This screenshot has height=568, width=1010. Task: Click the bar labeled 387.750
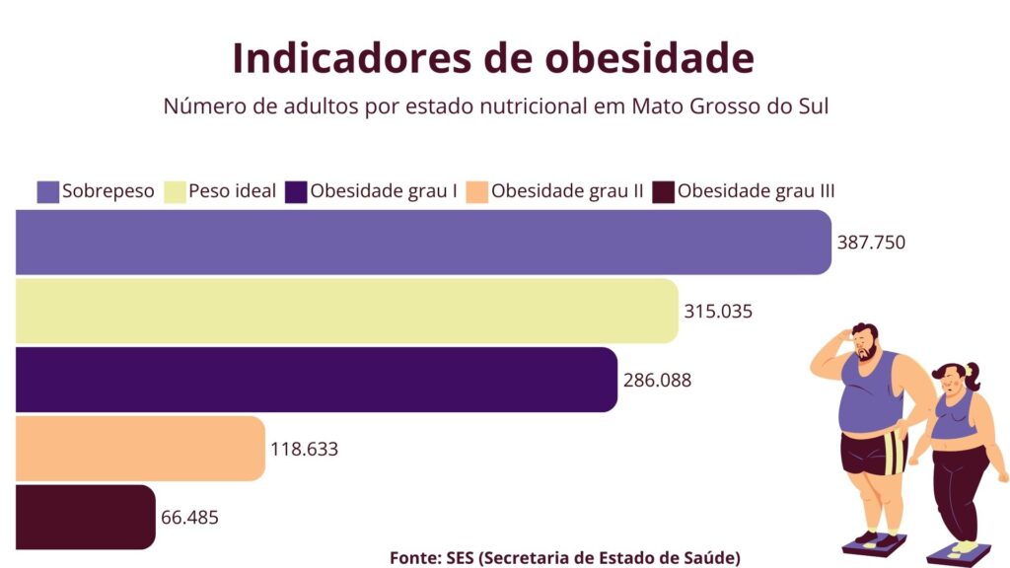coord(424,242)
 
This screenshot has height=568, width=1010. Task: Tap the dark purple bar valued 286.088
coord(316,380)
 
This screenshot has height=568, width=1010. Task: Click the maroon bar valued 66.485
coord(85,517)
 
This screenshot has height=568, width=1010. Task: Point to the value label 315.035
coord(718,312)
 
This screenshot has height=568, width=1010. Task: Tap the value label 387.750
coord(871,243)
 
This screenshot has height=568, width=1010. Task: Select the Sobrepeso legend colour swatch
coord(48,191)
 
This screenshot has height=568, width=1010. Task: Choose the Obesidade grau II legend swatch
coord(477,191)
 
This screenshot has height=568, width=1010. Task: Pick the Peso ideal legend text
coord(233,191)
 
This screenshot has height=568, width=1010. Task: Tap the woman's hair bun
coord(973,373)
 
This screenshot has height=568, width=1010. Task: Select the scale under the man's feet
coord(873,543)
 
